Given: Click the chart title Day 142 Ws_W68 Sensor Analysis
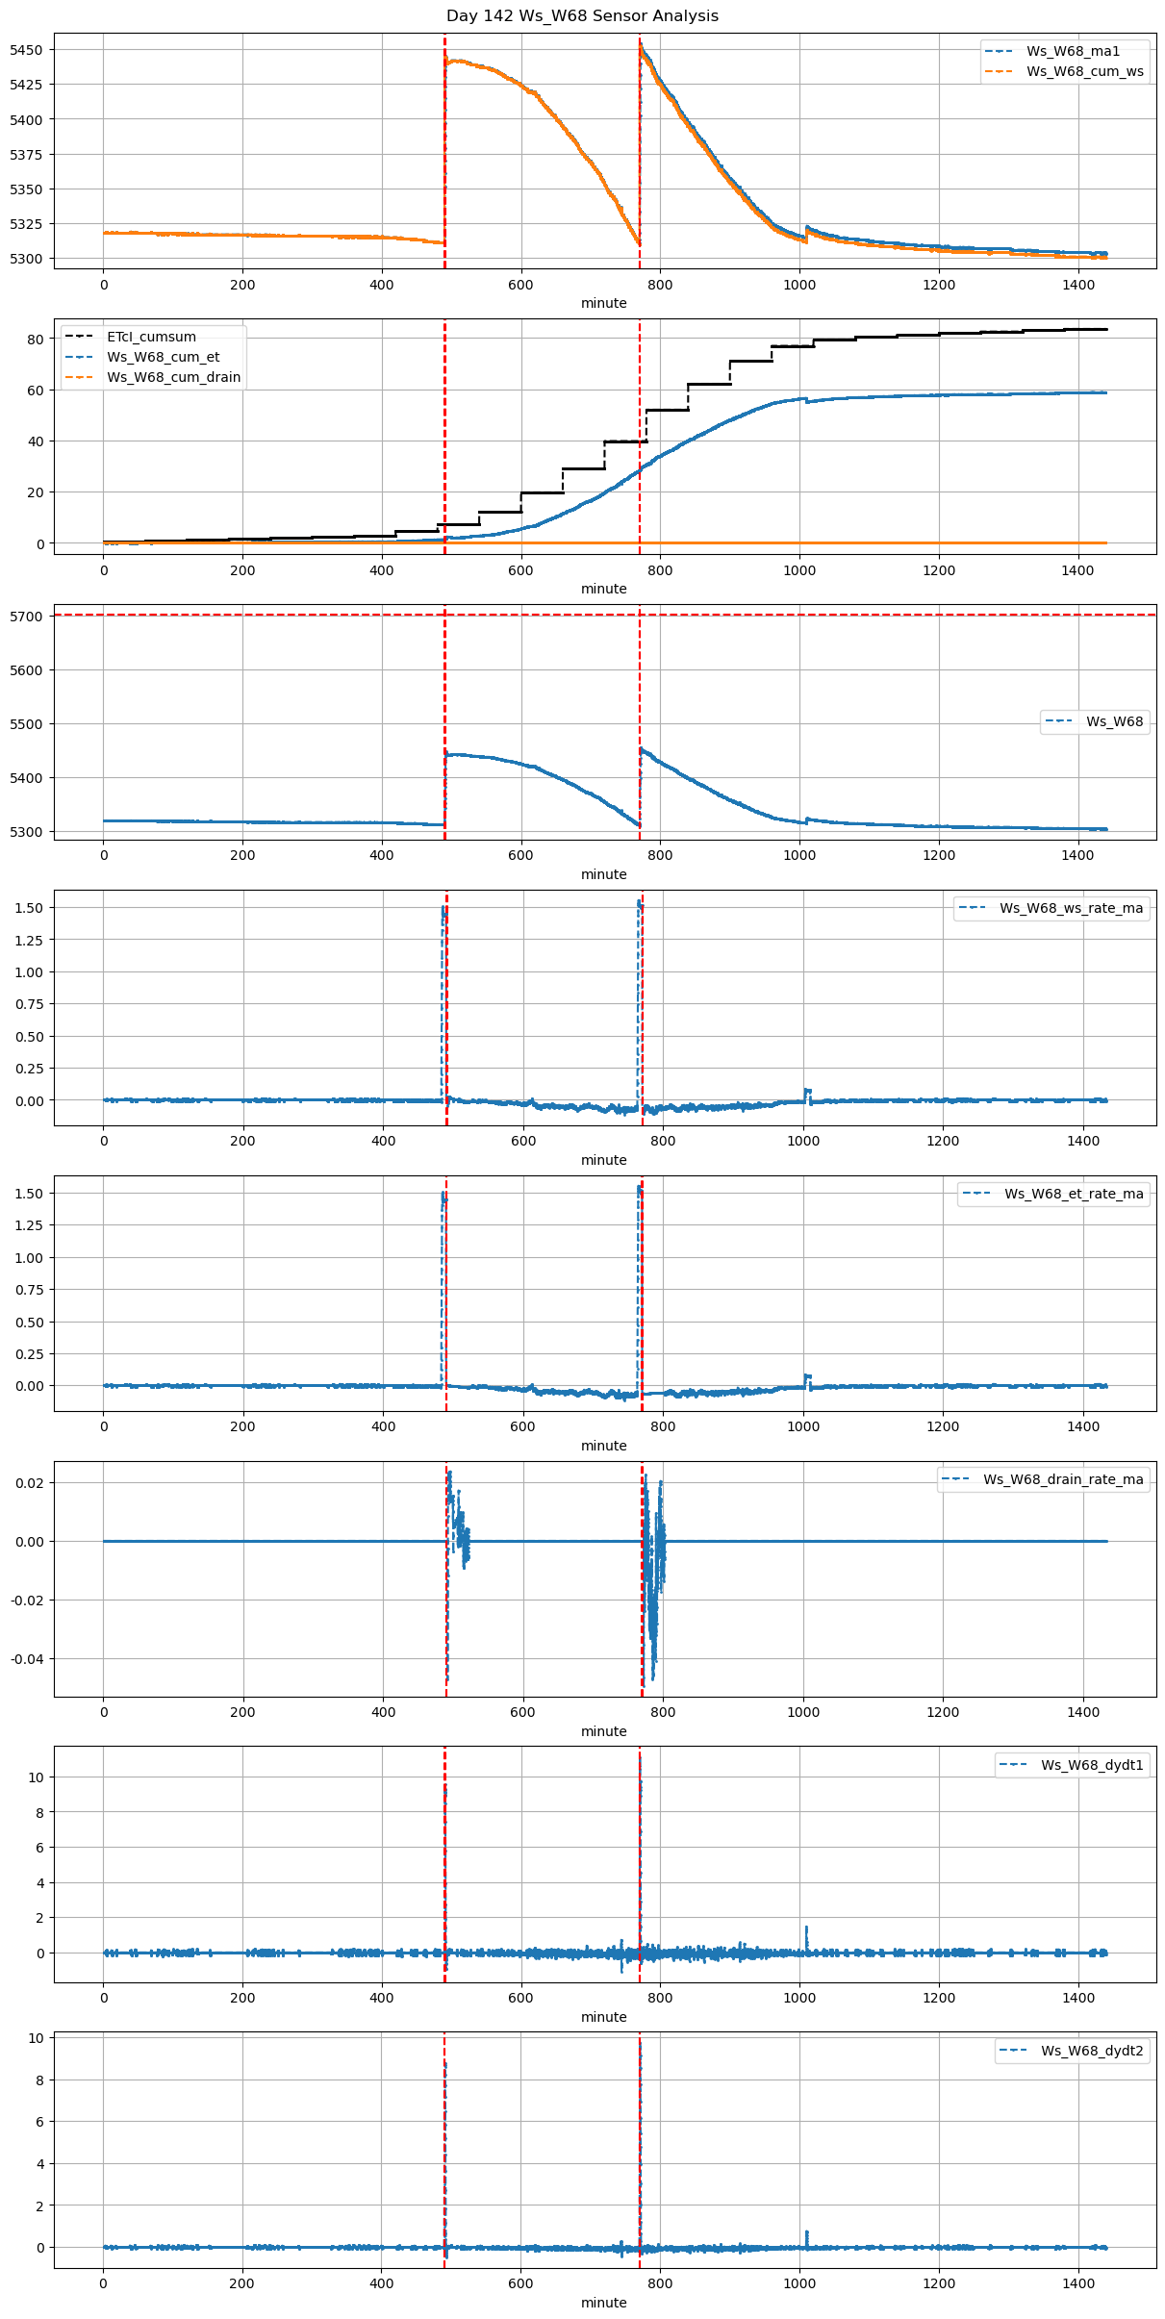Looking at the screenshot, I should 582,16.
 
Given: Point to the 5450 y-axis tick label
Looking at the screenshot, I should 26,50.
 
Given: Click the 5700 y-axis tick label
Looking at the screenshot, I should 26,617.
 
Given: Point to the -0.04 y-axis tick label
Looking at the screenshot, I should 26,1659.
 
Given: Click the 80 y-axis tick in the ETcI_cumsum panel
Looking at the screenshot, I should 36,340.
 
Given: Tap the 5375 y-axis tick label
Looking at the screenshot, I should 26,155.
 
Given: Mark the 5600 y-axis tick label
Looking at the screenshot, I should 26,670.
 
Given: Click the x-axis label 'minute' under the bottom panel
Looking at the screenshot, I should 603,2303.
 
